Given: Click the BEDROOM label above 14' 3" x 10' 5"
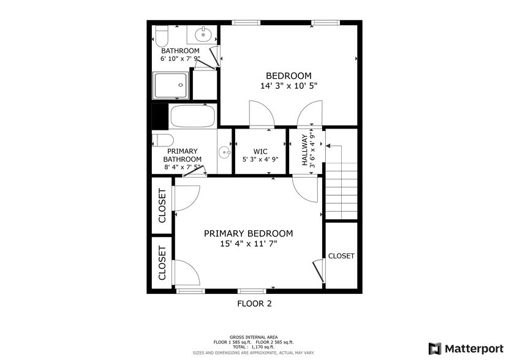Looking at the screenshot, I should pyautogui.click(x=288, y=75).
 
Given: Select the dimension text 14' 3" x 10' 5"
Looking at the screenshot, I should pyautogui.click(x=288, y=86).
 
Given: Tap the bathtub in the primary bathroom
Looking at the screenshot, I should pyautogui.click(x=192, y=116).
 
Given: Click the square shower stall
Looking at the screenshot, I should pyautogui.click(x=171, y=86).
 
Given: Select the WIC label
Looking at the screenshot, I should pyautogui.click(x=262, y=151).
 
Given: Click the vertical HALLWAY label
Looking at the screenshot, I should pyautogui.click(x=304, y=151).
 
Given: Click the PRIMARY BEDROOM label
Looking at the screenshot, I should pyautogui.click(x=248, y=233).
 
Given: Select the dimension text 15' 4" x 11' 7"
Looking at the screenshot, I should pyautogui.click(x=248, y=244).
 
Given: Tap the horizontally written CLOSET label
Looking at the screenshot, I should pyautogui.click(x=341, y=256).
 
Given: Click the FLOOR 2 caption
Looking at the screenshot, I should pyautogui.click(x=254, y=303).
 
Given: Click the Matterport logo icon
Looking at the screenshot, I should pyautogui.click(x=434, y=348).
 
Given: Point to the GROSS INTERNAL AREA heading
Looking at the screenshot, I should pyautogui.click(x=254, y=337).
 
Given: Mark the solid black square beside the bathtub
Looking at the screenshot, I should pyautogui.click(x=159, y=115).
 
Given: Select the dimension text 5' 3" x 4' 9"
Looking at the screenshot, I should pyautogui.click(x=262, y=159).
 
